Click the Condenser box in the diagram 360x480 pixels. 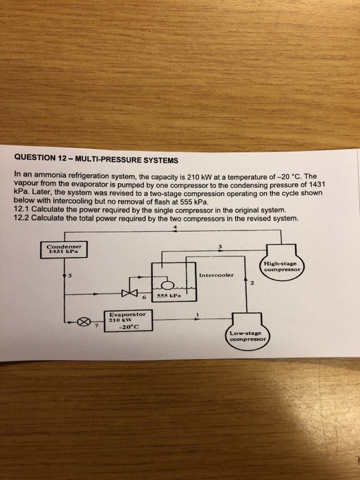click(65, 250)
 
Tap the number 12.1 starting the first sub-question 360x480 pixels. click(21, 211)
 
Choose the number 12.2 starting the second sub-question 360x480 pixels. click(21, 218)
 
